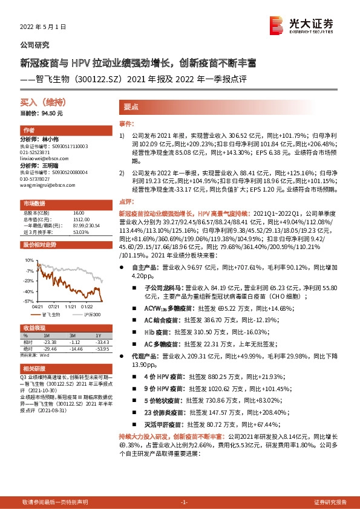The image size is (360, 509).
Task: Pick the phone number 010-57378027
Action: pos(37,178)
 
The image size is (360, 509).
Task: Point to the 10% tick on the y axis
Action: pos(29,260)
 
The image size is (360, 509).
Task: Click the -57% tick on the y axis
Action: pos(28,300)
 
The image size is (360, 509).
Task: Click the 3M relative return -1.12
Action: pos(75,342)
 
